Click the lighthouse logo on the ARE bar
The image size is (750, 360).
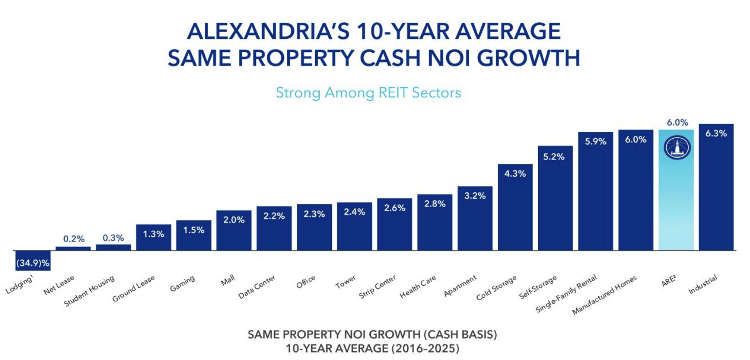677,147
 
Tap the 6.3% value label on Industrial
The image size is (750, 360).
716,133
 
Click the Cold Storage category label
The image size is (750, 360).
496,288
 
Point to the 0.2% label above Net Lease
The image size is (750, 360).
74,239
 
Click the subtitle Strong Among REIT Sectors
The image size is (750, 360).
368,93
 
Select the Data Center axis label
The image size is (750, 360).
257,287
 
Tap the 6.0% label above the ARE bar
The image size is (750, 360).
677,122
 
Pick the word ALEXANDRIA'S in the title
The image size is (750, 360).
268,32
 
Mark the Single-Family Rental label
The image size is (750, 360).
566,294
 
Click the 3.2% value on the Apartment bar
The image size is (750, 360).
475,196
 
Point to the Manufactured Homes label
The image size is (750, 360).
604,295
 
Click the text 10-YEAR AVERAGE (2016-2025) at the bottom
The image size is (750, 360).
372,348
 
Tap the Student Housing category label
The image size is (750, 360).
89,291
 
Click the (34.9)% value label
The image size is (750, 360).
33,263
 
